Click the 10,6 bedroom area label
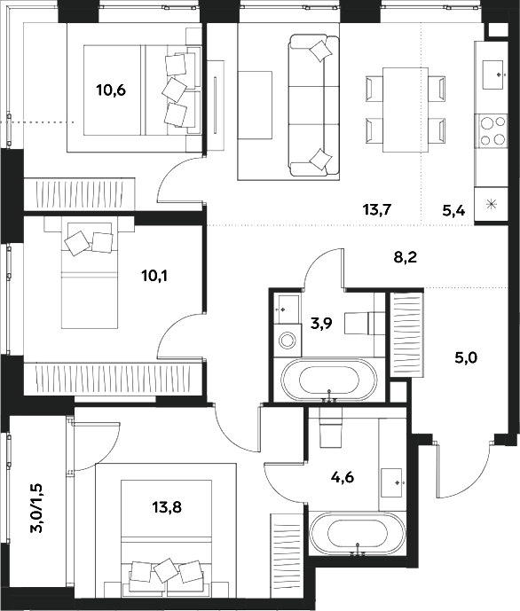[x=111, y=90]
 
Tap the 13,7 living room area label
[x=376, y=210]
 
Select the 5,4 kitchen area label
[x=453, y=211]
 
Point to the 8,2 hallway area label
[x=406, y=257]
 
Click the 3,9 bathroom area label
[x=321, y=323]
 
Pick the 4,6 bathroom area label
[x=343, y=477]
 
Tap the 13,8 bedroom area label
[x=167, y=507]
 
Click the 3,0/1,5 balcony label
[x=38, y=508]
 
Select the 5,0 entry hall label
[x=466, y=357]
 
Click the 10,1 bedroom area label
[x=154, y=277]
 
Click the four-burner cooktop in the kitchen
[x=491, y=131]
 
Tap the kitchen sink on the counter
[x=494, y=74]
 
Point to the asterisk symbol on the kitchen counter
[x=492, y=204]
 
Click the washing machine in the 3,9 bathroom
[x=288, y=341]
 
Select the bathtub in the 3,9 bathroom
[x=329, y=380]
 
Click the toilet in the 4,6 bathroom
[x=331, y=427]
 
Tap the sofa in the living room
[x=314, y=106]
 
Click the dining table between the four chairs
[x=406, y=109]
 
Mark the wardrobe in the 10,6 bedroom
[x=80, y=194]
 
